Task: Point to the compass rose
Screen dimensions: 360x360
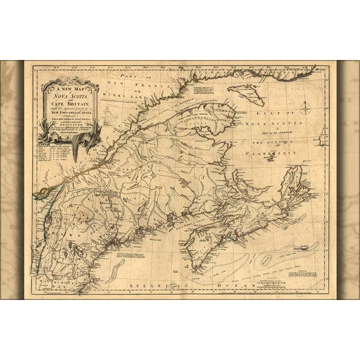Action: point(306,107)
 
